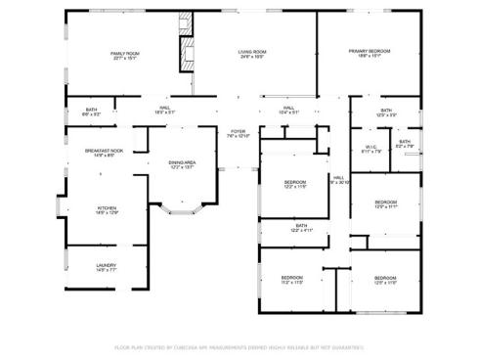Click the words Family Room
pos(124,53)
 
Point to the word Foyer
pos(238,130)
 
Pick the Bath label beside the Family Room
pos(91,109)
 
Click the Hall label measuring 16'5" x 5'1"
pos(164,109)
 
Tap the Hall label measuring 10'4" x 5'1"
pos(289,109)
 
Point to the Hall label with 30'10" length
pos(338,177)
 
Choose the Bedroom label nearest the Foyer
pos(295,181)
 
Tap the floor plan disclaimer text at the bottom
pos(239,346)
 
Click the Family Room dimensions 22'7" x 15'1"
pos(124,59)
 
